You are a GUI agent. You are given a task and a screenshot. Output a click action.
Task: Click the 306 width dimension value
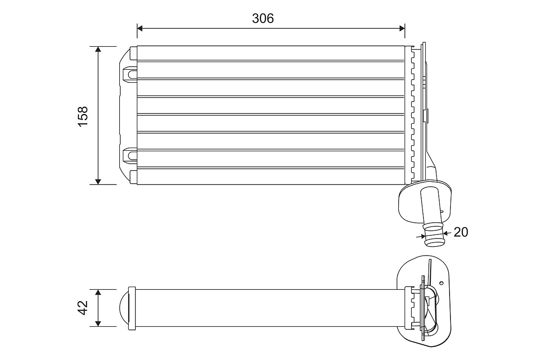[263, 18]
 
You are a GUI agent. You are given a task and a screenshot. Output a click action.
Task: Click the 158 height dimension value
[83, 116]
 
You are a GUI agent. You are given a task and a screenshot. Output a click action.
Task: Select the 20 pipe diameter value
[461, 232]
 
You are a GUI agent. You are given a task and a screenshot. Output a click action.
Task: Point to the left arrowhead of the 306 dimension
[140, 28]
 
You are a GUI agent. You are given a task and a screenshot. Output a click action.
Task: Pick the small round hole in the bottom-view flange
[441, 283]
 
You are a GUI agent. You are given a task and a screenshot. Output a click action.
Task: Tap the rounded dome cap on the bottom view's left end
[123, 308]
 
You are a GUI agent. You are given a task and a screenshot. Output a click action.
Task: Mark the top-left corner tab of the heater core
[133, 53]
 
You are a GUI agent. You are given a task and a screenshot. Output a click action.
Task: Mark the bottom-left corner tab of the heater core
[133, 177]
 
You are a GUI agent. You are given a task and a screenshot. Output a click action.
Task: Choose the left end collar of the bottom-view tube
[132, 308]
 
